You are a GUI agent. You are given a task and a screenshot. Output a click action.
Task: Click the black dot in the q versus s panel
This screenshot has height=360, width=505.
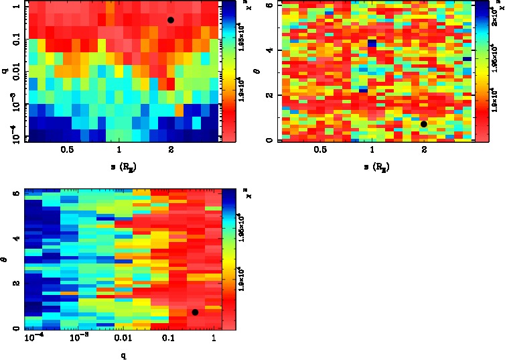[x=171, y=20]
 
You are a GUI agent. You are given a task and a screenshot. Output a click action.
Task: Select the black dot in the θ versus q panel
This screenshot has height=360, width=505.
[x=195, y=312]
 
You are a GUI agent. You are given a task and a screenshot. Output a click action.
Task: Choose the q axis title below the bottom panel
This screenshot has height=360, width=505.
[x=122, y=356]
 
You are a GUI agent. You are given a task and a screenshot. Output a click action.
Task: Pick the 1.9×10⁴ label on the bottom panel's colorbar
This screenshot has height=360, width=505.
[x=242, y=285]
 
